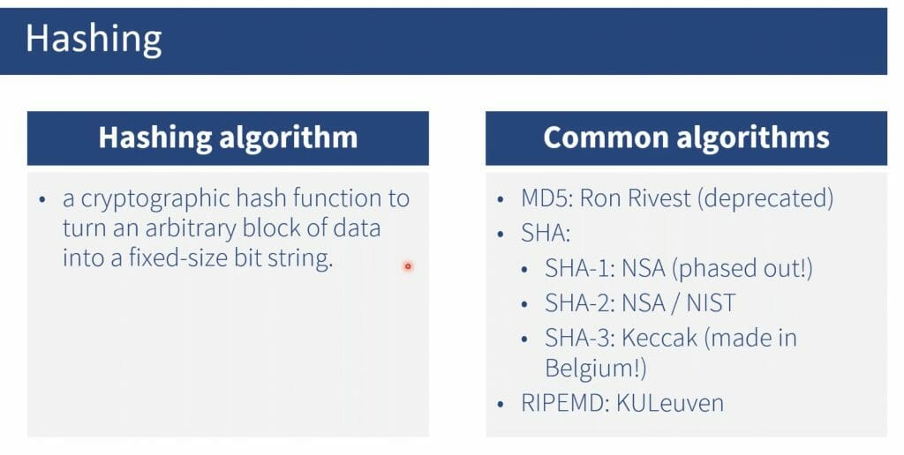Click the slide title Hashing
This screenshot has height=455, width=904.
coord(94,40)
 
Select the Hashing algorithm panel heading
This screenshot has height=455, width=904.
coord(228,138)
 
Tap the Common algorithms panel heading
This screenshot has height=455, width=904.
coord(686,138)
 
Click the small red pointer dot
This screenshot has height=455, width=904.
coord(408,266)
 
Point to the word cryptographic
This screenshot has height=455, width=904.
coord(155,199)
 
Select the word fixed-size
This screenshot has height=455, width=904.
coord(177,257)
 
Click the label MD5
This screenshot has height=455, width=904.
coord(546,198)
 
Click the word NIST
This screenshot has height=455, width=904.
coord(711,303)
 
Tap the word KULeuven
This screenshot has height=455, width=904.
coord(670,403)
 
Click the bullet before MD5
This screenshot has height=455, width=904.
coord(500,200)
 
